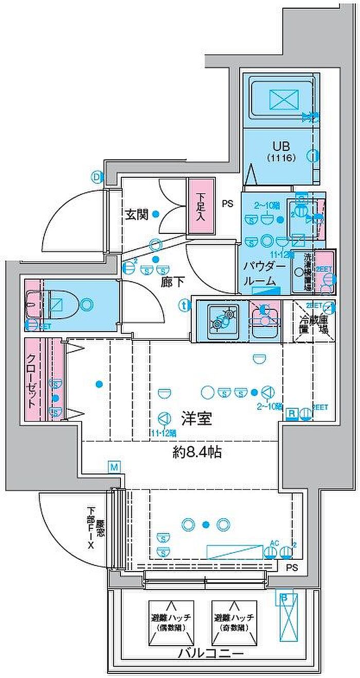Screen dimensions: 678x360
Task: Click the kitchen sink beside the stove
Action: pyautogui.click(x=264, y=318)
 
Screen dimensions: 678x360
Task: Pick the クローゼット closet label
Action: pyautogui.click(x=32, y=381)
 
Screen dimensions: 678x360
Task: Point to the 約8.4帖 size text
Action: pyautogui.click(x=197, y=453)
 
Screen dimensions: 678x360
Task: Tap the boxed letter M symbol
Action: pyautogui.click(x=114, y=467)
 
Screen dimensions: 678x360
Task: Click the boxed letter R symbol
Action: pyautogui.click(x=291, y=413)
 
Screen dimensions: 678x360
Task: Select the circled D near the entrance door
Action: pyautogui.click(x=96, y=177)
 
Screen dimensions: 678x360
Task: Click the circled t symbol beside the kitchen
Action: pyautogui.click(x=184, y=305)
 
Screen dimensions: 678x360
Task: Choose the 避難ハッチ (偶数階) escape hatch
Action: pyautogui.click(x=171, y=624)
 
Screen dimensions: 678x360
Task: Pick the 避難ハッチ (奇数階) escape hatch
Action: pyautogui.click(x=233, y=624)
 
